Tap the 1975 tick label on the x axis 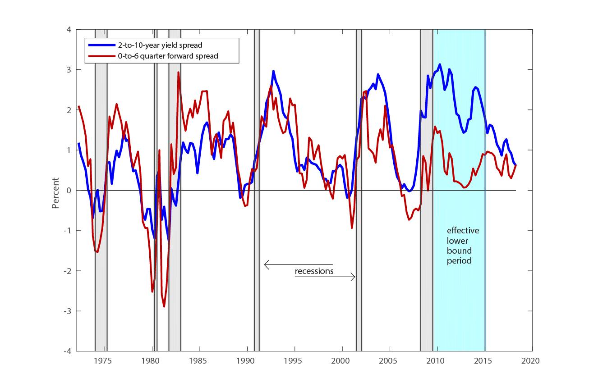click(x=103, y=361)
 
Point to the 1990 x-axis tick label click(x=245, y=361)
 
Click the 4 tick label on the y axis click(x=69, y=30)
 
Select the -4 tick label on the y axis click(x=67, y=351)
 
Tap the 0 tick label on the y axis click(x=69, y=191)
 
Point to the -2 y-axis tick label click(x=67, y=271)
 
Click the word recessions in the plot click(x=314, y=271)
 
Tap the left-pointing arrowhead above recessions click(x=267, y=265)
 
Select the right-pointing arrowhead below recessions click(x=353, y=278)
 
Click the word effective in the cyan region click(x=463, y=231)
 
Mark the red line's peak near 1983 click(x=178, y=72)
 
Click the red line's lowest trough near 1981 click(x=164, y=306)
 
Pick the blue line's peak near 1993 click(x=273, y=71)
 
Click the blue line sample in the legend click(x=101, y=45)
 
